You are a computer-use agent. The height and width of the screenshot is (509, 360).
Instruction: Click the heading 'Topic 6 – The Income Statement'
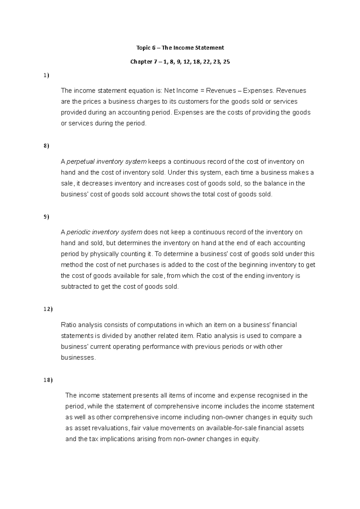coord(180,48)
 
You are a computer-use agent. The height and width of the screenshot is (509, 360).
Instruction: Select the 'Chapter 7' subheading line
coord(180,62)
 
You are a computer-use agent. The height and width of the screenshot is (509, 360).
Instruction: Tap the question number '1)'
coord(46,76)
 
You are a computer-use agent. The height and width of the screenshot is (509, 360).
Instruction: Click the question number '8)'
coord(46,146)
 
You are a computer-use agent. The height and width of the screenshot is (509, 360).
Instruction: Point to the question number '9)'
coord(46,217)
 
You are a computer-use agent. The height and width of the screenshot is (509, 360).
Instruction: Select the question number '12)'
coord(47,309)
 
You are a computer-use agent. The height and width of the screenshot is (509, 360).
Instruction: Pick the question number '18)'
coord(47,380)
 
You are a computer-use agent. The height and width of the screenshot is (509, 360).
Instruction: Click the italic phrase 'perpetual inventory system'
coord(106,162)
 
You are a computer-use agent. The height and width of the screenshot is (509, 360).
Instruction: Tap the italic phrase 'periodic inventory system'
coord(104,232)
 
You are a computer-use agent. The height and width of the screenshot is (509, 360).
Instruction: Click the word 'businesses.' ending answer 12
coord(78,358)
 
